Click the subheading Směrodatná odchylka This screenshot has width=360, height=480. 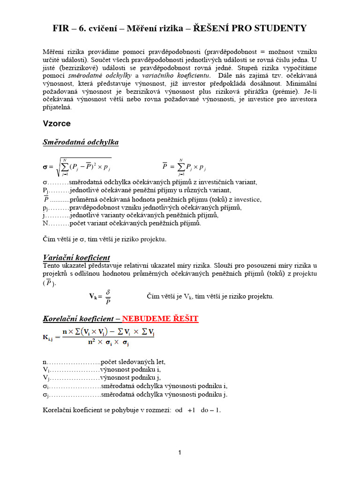(x=81, y=142)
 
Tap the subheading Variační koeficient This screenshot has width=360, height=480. (x=76, y=257)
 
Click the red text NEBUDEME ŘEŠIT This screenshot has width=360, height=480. (x=160, y=319)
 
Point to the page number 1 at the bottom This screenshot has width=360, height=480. (x=180, y=452)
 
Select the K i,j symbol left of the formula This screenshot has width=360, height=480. (x=49, y=337)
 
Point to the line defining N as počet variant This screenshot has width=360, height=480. (x=122, y=223)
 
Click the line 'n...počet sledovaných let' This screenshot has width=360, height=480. (x=104, y=362)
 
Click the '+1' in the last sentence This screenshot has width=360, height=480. (x=191, y=410)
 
